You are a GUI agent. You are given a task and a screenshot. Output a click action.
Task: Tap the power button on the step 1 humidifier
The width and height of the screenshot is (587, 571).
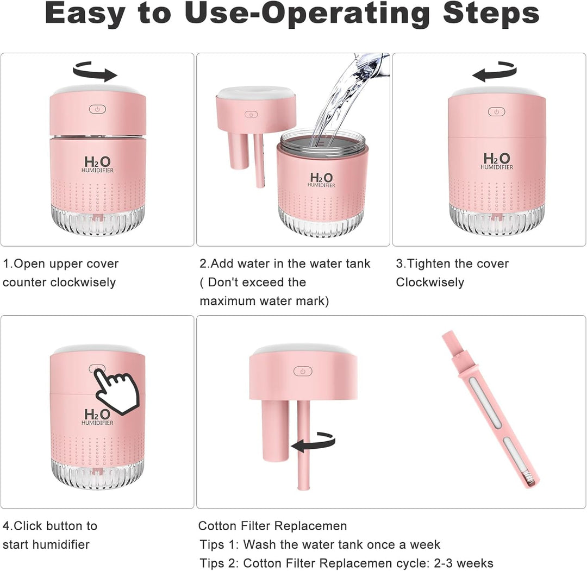coord(97,109)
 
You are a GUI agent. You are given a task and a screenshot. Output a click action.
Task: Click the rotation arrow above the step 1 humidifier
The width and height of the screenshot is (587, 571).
coord(95,71)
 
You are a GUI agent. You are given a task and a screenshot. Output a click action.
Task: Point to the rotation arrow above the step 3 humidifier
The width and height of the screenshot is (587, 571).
coord(494,71)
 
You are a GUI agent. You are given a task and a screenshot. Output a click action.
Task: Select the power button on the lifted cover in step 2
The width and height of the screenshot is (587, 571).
coord(251,115)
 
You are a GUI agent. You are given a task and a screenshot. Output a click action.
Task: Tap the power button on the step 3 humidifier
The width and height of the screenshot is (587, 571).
coord(496,111)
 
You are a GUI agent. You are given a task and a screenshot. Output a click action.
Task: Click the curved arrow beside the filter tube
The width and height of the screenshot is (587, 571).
coord(314,442)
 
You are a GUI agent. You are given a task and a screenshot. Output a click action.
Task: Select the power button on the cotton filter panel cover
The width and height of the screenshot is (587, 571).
coord(303,371)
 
